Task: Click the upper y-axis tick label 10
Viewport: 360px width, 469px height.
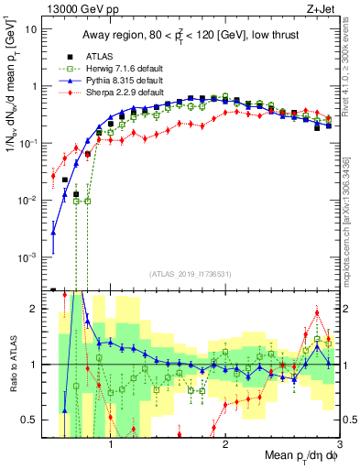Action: click(x=31, y=28)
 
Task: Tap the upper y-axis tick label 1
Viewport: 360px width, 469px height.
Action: click(x=35, y=86)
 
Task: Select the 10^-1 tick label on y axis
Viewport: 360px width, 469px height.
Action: click(x=28, y=143)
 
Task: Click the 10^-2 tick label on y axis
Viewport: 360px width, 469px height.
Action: click(x=28, y=201)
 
